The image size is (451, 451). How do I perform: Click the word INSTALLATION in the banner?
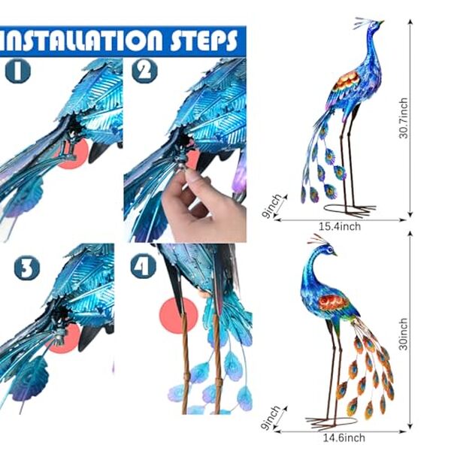[x=81, y=41]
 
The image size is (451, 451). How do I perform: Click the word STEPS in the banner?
[x=204, y=41]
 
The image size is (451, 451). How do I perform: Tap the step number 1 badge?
[x=18, y=71]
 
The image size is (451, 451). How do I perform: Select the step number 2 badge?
[x=144, y=71]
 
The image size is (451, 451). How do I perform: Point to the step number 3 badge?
[x=27, y=268]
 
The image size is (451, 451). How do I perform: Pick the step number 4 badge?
[x=144, y=266]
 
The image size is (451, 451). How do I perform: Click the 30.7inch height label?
[x=404, y=118]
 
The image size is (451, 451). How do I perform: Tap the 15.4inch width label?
[x=340, y=226]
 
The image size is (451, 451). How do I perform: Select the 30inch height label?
[x=404, y=334]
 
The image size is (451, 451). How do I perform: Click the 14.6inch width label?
[x=344, y=438]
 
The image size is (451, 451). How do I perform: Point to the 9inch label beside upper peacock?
[x=272, y=206]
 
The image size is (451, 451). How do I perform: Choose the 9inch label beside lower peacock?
[x=272, y=418]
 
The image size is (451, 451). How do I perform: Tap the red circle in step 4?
[x=179, y=316]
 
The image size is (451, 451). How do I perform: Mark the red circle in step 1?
[x=74, y=154]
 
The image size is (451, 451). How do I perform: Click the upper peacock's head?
[x=374, y=26]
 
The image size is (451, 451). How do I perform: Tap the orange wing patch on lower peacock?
[x=334, y=302]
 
